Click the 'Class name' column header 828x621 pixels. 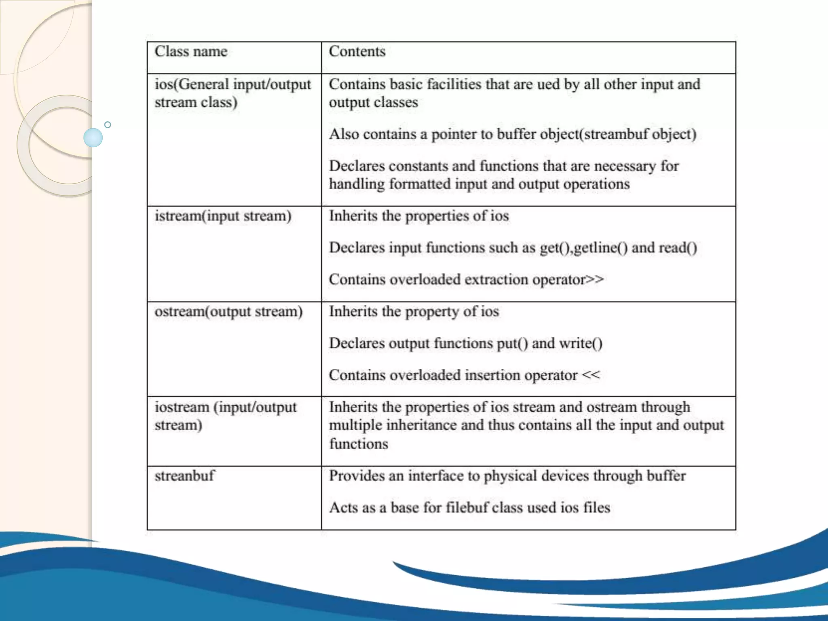(x=191, y=52)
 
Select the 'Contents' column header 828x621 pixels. (x=357, y=52)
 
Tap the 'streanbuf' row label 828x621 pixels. (x=184, y=476)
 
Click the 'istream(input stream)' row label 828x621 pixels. (x=223, y=216)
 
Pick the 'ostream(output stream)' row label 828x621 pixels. (x=228, y=312)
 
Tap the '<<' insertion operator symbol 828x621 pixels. (x=591, y=375)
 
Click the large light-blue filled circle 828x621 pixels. (x=93, y=137)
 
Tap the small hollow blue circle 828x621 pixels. (x=108, y=125)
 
